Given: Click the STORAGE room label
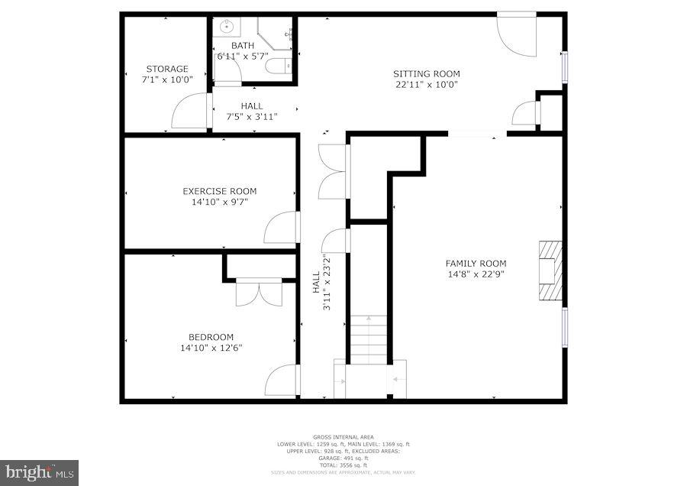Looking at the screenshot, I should click(166, 69).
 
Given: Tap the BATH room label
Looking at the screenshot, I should click(243, 46).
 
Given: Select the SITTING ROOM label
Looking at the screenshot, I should click(427, 74).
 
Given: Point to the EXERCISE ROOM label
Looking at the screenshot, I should click(220, 191).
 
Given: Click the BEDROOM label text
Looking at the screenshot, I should click(211, 337).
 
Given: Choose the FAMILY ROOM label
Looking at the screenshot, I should click(476, 264).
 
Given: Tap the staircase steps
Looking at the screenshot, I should click(369, 340).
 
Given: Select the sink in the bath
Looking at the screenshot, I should click(227, 27).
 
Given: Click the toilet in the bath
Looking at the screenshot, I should click(279, 66).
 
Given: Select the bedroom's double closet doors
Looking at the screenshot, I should click(260, 293).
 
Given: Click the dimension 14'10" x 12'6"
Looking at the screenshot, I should click(211, 348).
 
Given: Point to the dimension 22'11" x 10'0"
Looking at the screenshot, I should click(427, 85).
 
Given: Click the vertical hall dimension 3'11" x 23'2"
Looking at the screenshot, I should click(327, 283).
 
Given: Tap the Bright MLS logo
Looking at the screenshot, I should click(38, 472).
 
